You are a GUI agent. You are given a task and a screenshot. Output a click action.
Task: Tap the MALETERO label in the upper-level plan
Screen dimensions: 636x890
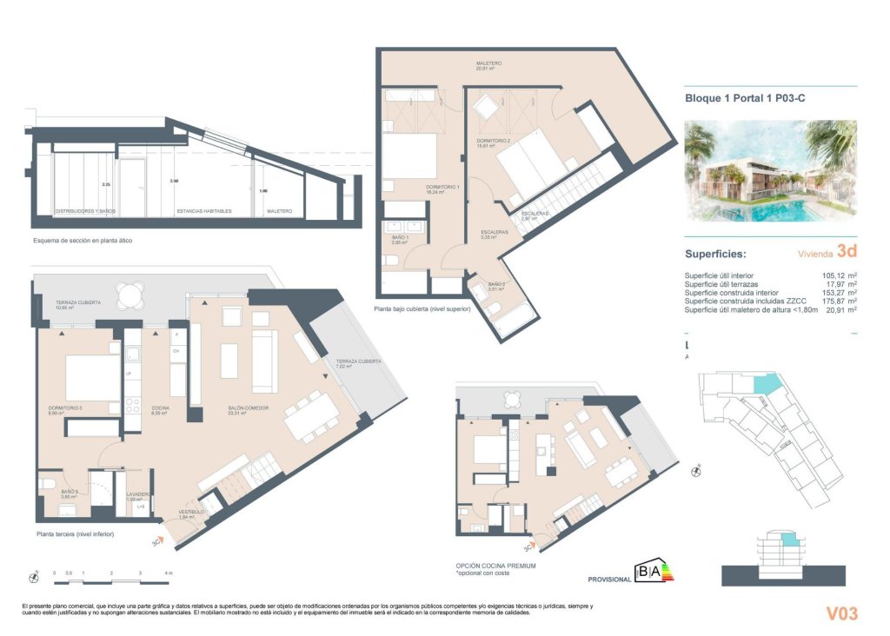488,63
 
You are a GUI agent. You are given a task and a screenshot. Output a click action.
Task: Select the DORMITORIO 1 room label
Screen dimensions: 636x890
442,188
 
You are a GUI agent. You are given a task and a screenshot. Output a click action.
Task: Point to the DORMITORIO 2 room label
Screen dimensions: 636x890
492,141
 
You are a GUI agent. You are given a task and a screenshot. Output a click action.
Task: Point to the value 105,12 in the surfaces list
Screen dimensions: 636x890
834,276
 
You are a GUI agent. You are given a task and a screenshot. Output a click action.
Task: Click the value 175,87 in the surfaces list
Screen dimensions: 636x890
834,301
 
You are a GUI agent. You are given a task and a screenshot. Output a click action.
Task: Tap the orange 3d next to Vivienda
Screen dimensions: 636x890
847,252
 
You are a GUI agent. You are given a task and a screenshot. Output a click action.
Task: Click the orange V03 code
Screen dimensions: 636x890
840,613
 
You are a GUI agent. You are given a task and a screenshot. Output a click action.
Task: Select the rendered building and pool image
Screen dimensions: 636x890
770,170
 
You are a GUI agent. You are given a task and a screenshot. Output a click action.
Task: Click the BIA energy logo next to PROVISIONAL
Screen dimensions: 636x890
653,572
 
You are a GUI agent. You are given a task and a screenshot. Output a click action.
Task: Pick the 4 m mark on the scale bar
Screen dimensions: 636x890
169,573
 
